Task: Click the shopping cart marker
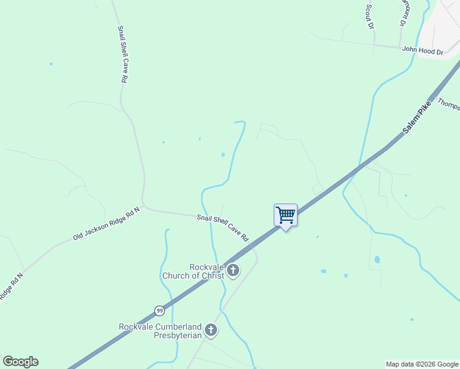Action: pos(285,215)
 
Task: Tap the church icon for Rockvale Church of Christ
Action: pos(233,271)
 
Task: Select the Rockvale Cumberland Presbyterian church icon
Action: pos(211,331)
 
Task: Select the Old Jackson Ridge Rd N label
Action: pos(106,223)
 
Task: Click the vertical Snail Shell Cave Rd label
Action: pos(122,54)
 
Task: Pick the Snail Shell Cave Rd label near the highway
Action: pos(223,227)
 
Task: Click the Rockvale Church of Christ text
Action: pos(192,271)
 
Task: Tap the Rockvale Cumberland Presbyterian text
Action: pos(160,331)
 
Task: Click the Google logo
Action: pos(20,362)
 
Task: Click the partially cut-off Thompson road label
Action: pos(448,104)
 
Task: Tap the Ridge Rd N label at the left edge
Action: pos(11,285)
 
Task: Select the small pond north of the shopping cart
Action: pos(223,154)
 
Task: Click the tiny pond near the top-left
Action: pos(51,64)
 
